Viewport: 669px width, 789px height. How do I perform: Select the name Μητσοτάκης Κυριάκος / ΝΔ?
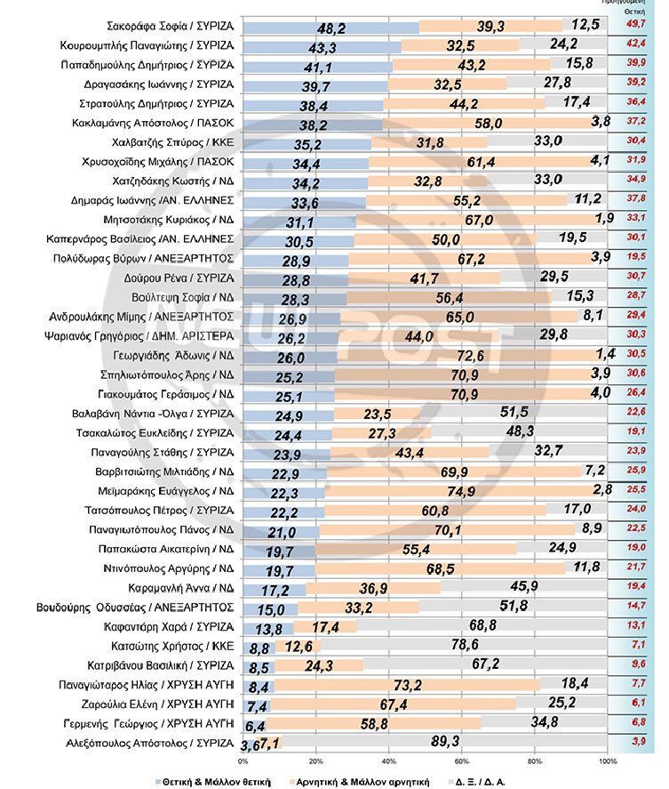(178, 220)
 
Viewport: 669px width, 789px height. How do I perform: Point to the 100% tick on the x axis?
(608, 761)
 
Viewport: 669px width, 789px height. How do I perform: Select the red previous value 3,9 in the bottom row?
(637, 741)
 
